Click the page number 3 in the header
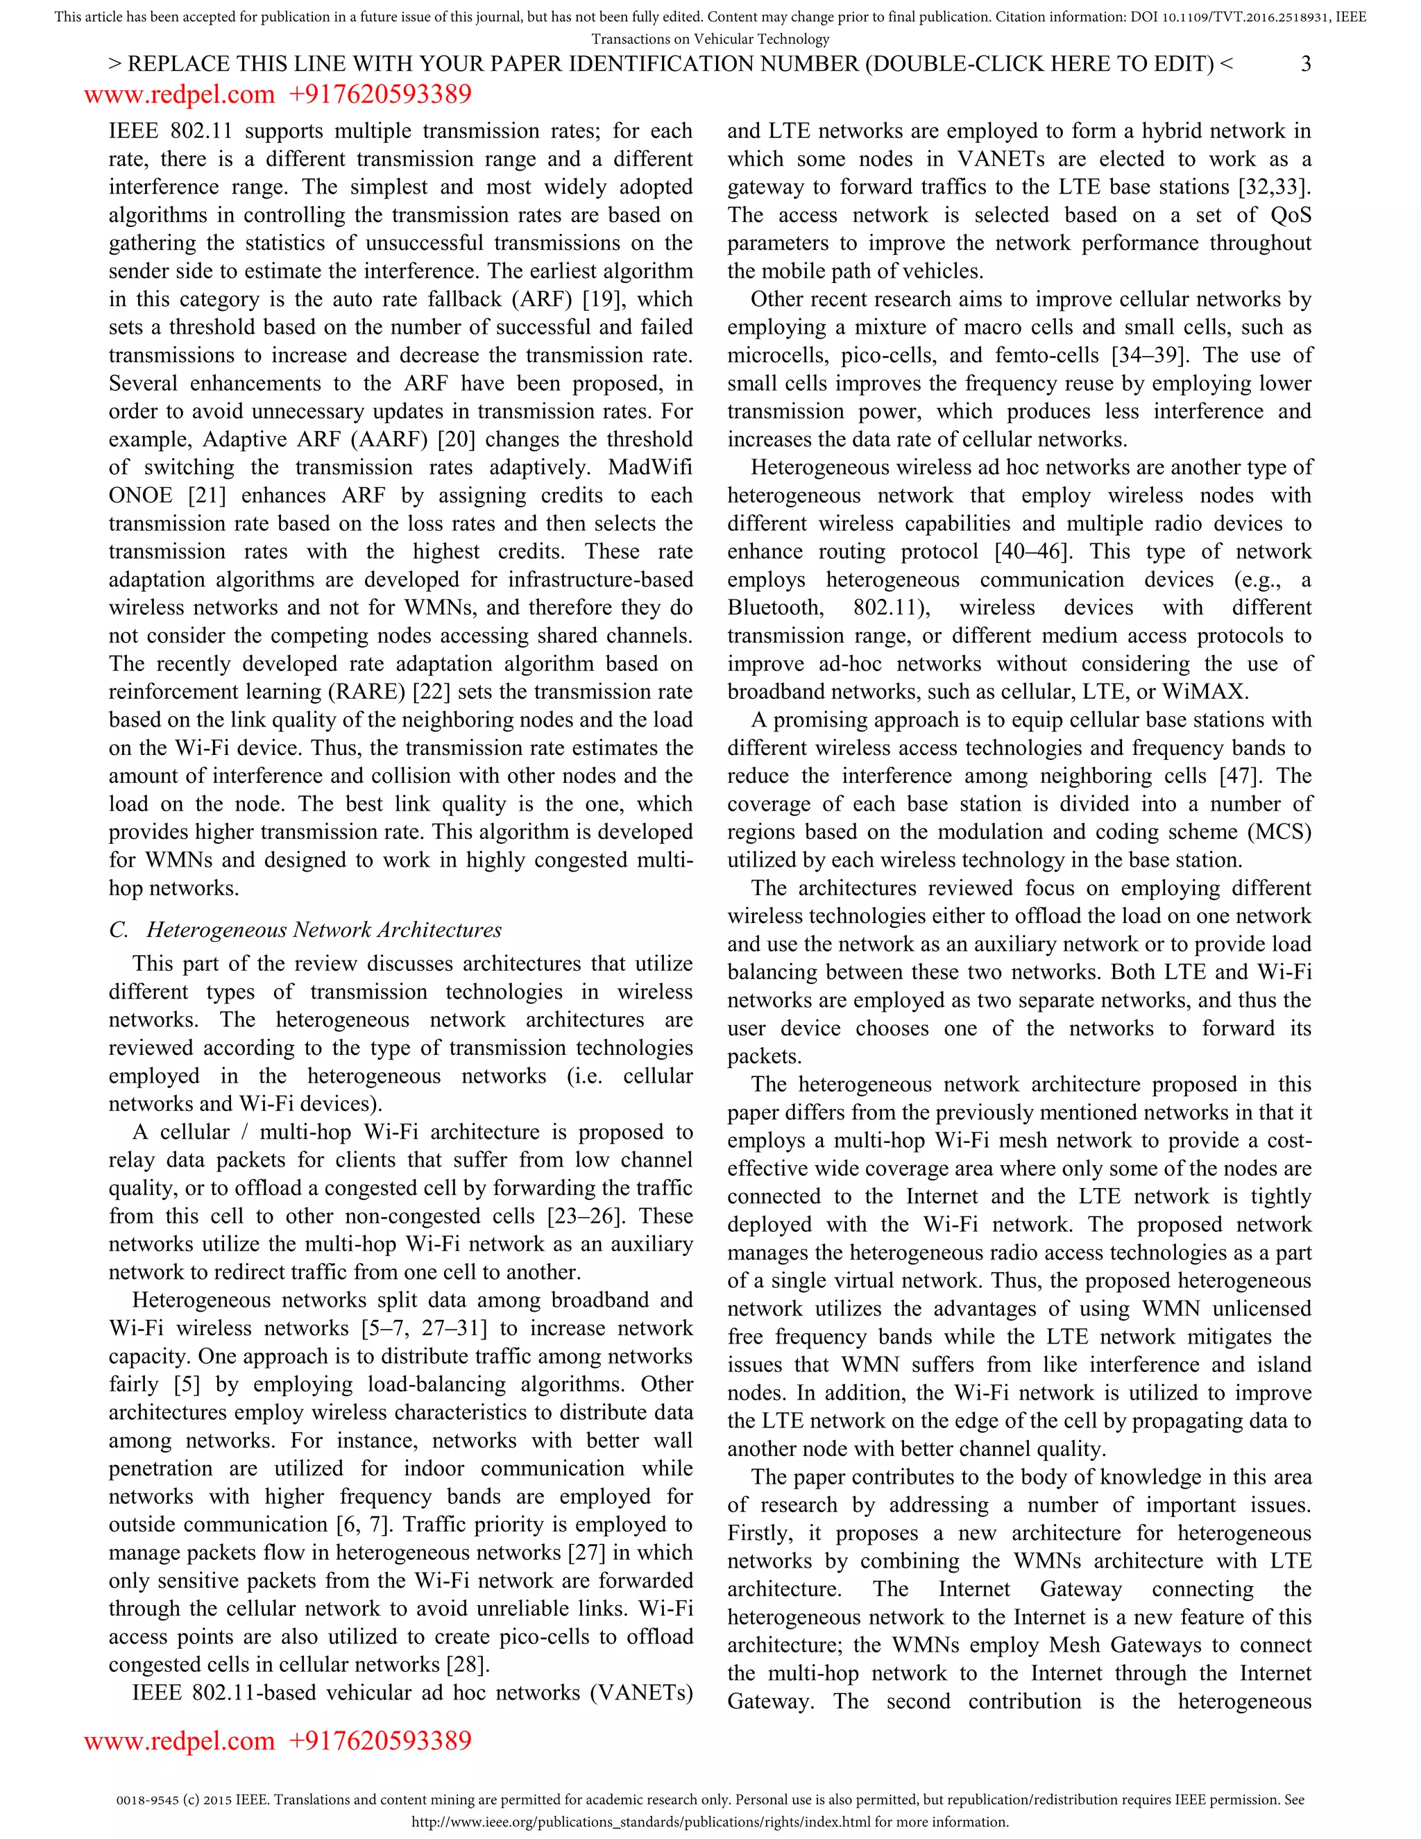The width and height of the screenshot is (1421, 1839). [x=1306, y=64]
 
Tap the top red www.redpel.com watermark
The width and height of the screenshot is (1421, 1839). [x=179, y=94]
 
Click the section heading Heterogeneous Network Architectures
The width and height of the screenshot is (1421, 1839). [x=323, y=930]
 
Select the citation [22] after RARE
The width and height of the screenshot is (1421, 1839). [x=432, y=692]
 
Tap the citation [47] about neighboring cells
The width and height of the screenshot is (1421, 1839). [x=1243, y=777]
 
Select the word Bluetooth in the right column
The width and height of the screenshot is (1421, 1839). [x=774, y=608]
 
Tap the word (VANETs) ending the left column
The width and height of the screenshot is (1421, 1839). [x=642, y=1693]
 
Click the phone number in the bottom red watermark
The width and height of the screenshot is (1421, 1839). [x=380, y=1740]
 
